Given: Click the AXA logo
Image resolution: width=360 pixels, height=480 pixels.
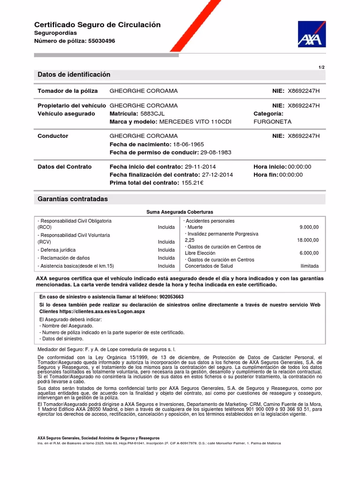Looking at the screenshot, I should [x=312, y=34].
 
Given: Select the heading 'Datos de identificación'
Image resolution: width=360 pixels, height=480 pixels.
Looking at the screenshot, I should [x=74, y=75].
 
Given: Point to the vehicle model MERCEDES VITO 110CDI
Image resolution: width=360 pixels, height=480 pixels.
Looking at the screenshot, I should [x=195, y=121].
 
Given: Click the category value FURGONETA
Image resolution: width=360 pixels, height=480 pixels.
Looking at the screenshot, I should [x=272, y=121].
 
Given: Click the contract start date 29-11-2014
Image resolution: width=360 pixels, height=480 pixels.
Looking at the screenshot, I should [x=200, y=166].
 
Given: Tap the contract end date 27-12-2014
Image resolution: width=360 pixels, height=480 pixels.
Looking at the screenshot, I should [x=217, y=174].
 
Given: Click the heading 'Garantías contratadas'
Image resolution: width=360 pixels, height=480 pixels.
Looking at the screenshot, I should [x=72, y=199].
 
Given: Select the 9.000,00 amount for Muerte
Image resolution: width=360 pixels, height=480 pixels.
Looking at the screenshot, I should [x=309, y=227].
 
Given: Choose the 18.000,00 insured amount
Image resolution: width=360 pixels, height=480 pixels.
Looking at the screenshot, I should [x=307, y=240].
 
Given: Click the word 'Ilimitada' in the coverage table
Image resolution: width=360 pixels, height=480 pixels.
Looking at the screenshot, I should [x=309, y=266].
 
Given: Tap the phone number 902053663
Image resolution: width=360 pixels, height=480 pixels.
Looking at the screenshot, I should [x=172, y=297].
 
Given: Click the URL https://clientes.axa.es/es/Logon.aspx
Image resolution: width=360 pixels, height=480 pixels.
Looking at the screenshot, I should [x=100, y=311].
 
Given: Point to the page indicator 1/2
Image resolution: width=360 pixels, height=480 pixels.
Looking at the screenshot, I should [x=322, y=67].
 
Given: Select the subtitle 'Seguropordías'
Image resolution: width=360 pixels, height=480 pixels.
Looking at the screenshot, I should [x=55, y=33].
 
